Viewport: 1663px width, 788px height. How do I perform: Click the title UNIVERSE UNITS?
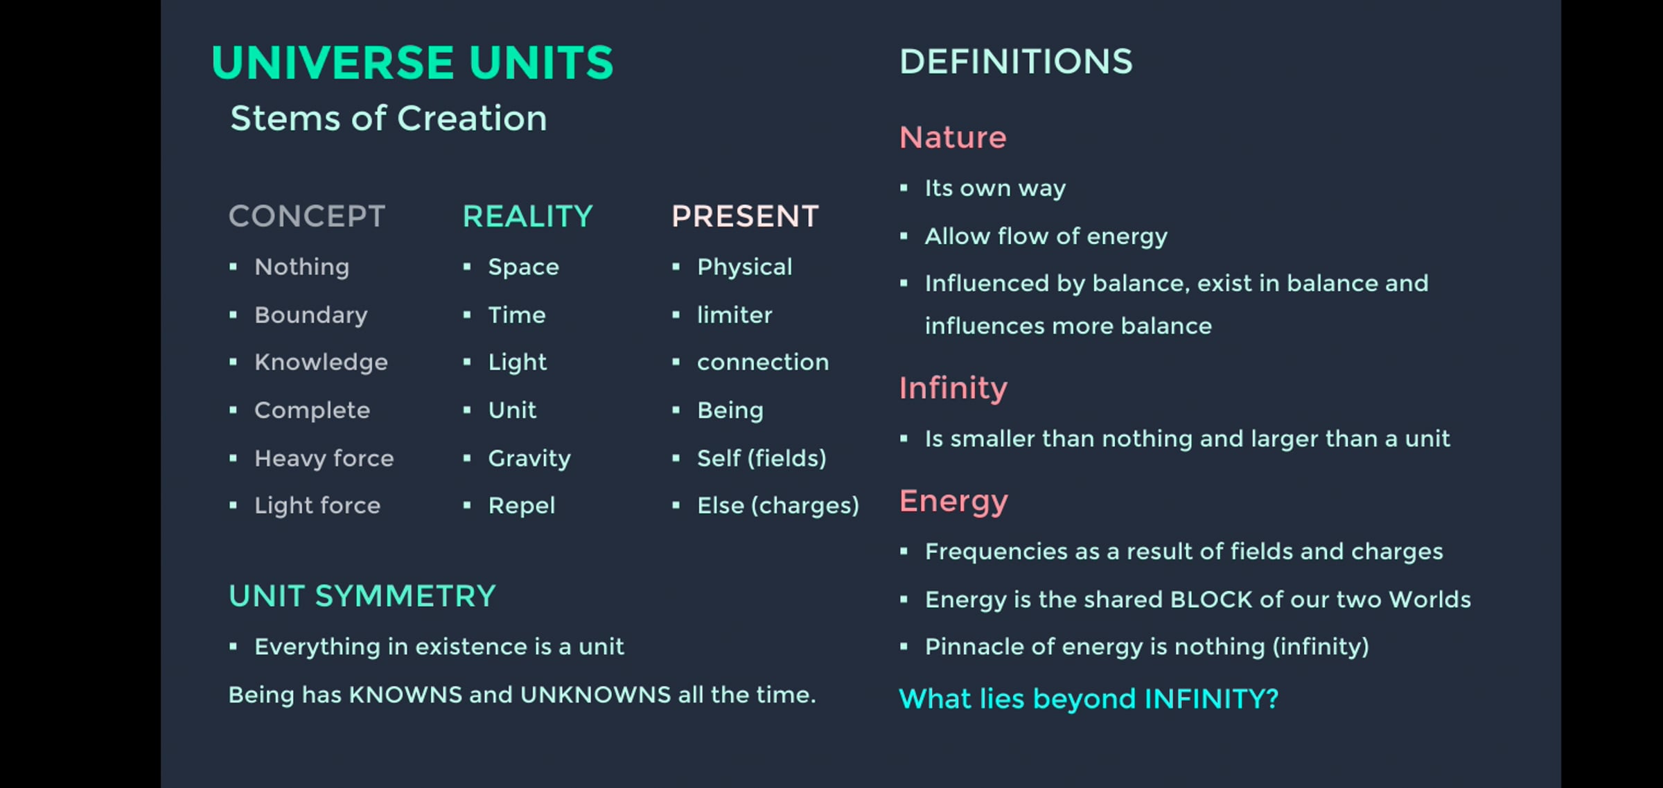pos(412,62)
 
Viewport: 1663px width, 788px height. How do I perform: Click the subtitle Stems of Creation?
pos(389,118)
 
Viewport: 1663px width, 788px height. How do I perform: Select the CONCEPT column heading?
pos(307,216)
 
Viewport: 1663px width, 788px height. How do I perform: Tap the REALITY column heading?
pos(528,216)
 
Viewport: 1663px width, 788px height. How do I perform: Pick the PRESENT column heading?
pos(746,216)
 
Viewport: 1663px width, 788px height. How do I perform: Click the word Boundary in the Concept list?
pos(311,315)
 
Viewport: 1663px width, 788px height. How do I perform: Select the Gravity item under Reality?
pos(529,458)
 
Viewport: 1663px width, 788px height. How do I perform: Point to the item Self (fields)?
pos(762,458)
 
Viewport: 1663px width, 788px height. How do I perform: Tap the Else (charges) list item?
pos(778,505)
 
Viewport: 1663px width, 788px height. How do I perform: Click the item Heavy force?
pos(324,458)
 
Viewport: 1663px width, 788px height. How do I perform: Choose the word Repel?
pos(522,506)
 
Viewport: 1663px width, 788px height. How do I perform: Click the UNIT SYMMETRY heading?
pos(362,596)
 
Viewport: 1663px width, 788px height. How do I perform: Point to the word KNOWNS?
pos(405,694)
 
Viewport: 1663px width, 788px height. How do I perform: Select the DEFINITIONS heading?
pos(1016,62)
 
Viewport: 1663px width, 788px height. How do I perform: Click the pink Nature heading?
pos(953,137)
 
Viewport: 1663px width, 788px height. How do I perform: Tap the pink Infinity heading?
pos(953,389)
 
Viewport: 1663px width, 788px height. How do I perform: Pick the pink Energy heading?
pos(954,502)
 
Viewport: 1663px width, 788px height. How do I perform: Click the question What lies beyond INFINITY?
pos(1089,699)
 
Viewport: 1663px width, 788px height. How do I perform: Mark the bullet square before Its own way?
pos(904,188)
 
